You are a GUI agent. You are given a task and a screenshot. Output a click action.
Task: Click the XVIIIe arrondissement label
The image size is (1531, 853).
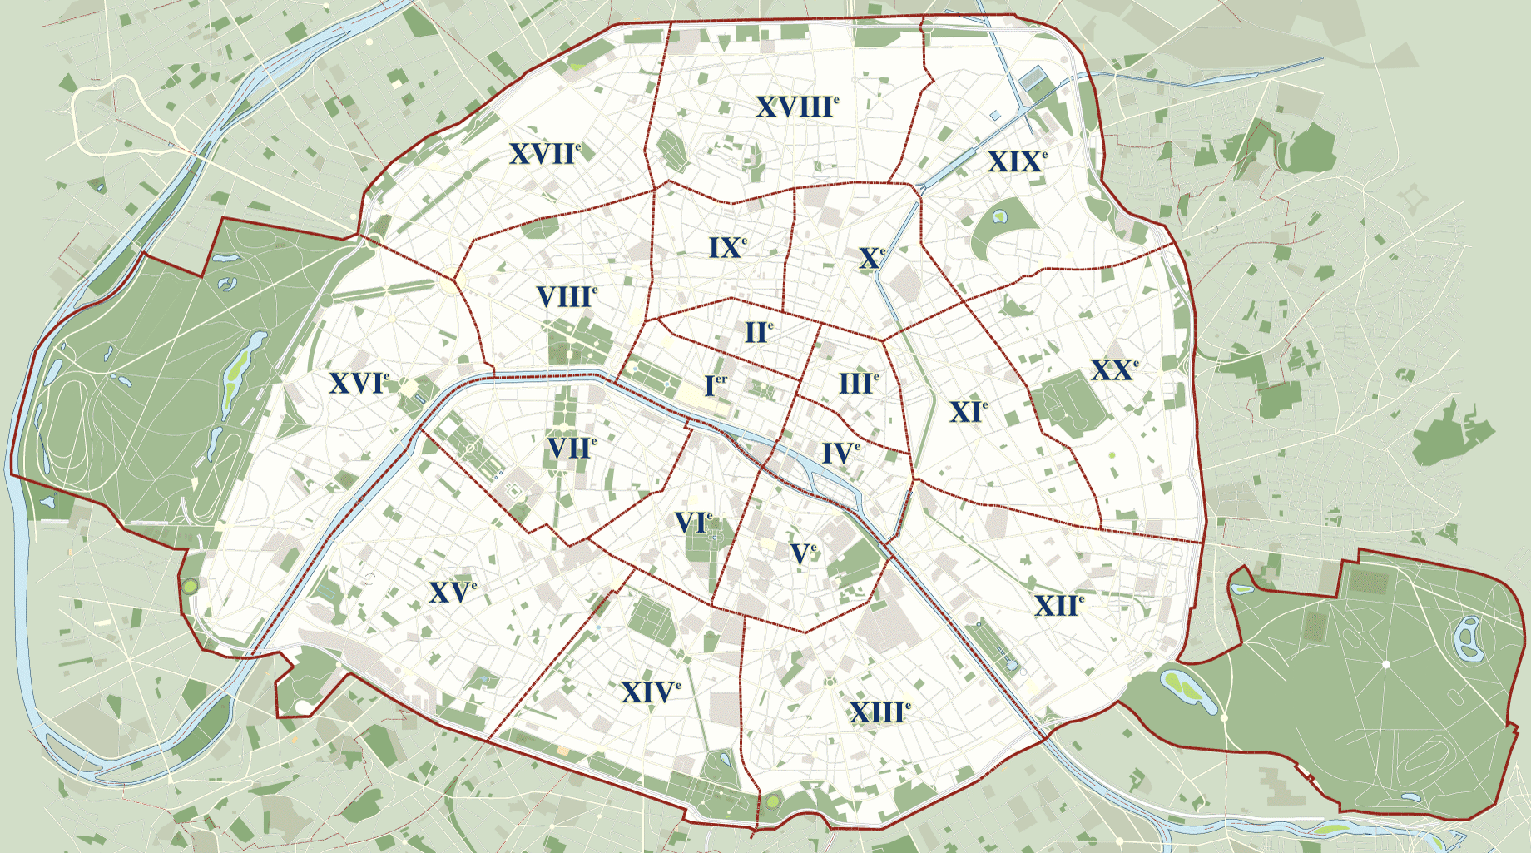pos(796,107)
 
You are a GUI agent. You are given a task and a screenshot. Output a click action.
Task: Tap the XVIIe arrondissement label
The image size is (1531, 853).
pos(544,154)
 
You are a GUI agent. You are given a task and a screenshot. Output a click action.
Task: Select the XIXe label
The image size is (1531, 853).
pos(1016,161)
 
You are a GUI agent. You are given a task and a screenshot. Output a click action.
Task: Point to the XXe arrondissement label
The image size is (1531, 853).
pos(1113,370)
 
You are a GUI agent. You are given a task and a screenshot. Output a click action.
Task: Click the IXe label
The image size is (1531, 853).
pos(727,247)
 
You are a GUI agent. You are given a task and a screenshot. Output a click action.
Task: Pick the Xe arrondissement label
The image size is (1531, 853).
pos(871,258)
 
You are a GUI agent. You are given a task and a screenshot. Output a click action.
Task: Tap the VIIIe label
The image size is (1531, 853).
pos(566,296)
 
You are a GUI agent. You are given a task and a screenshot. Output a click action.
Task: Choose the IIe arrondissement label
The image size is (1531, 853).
pos(758,333)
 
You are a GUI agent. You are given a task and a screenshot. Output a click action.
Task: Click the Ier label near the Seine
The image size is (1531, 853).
pos(715,385)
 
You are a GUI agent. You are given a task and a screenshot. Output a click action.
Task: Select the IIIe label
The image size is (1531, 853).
pos(858,384)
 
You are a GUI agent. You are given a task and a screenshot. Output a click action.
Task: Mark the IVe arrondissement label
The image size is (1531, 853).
pos(840,454)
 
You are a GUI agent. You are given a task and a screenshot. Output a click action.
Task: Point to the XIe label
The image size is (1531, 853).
pos(968,412)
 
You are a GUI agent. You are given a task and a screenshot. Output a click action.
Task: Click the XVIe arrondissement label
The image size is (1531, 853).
pos(359,383)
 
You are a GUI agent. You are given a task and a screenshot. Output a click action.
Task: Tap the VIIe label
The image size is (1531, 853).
pos(571,449)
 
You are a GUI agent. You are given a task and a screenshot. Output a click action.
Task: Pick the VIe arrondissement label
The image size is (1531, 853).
pos(693,523)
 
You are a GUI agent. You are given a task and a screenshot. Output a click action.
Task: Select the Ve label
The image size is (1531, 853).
pos(802,553)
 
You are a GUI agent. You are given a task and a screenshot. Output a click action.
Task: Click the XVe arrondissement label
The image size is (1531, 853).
pos(452,593)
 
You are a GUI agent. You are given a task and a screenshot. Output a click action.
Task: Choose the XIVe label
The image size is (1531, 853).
pos(650,692)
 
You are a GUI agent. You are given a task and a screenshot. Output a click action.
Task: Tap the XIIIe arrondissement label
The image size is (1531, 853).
pos(879,712)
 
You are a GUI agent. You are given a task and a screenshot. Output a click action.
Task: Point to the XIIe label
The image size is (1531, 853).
pos(1058,606)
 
